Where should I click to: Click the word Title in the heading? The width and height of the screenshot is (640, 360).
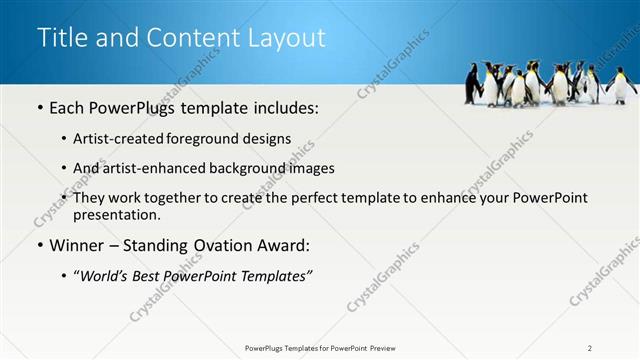click(x=60, y=38)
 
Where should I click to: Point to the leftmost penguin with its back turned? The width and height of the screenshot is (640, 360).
click(x=472, y=84)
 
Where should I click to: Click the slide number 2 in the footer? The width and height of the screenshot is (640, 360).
click(x=590, y=348)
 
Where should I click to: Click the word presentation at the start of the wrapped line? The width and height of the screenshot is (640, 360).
click(x=116, y=214)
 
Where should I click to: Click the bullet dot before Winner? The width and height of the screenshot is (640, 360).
click(x=39, y=245)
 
